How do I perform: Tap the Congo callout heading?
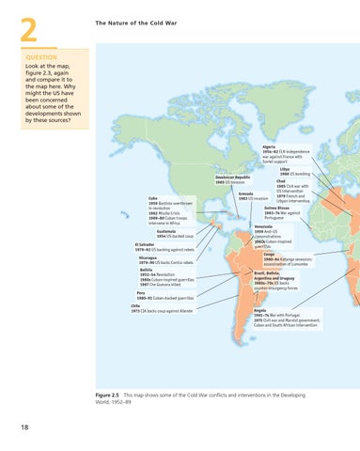click(270, 254)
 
